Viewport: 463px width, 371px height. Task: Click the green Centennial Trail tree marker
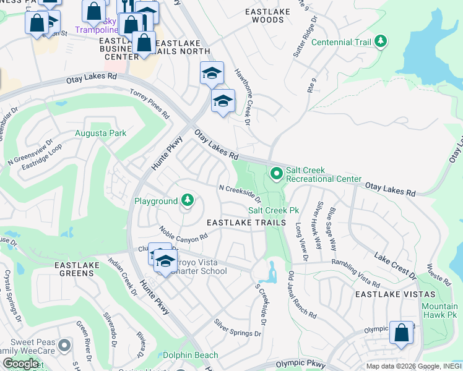coord(381,42)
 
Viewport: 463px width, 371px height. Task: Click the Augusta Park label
coord(100,133)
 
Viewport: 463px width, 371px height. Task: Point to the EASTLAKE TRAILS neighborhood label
coord(246,222)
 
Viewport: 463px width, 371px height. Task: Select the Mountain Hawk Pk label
coord(439,310)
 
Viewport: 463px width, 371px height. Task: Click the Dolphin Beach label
coord(190,355)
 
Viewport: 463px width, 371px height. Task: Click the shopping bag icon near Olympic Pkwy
coord(402,333)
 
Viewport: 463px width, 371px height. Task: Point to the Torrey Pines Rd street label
coord(149,103)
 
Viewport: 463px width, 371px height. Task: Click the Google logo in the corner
coord(21,364)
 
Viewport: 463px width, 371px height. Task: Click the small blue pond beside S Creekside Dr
coord(272,271)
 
